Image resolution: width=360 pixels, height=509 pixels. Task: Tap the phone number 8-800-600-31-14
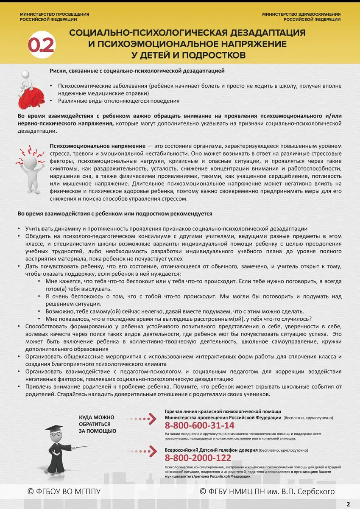(x=199, y=425)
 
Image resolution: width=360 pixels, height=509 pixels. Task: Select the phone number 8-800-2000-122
(x=198, y=458)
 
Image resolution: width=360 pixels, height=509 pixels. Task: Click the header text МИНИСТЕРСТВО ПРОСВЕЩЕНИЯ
(x=54, y=14)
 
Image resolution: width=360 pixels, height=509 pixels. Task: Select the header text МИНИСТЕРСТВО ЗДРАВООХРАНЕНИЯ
(x=301, y=14)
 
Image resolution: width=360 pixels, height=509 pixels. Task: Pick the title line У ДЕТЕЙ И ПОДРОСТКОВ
(x=188, y=55)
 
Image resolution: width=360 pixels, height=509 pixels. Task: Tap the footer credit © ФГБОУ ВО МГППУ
(x=64, y=491)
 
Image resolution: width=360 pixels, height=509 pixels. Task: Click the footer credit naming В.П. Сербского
(x=267, y=491)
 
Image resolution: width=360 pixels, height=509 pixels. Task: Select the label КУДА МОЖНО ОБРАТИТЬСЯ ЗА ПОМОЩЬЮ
(x=97, y=424)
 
